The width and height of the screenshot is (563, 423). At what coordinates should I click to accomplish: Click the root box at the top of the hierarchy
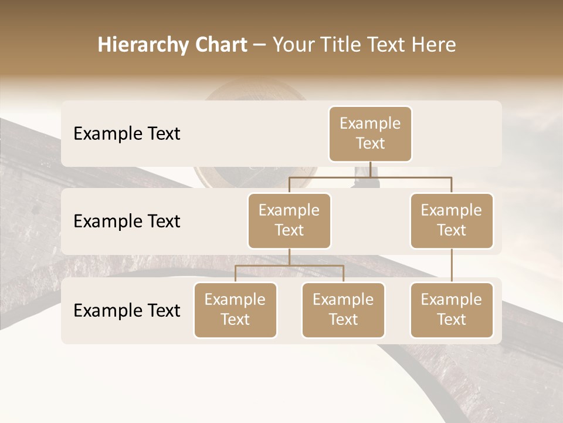tap(370, 133)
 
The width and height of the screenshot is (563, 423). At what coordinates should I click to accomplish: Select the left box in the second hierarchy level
tap(289, 220)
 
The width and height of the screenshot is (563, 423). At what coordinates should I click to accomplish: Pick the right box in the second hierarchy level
tap(452, 220)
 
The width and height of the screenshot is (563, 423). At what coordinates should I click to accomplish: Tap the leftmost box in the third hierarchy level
tap(235, 310)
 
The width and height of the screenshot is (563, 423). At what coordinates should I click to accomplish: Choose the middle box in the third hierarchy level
tap(343, 310)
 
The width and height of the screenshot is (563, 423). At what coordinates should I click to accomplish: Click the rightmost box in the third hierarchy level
tap(452, 310)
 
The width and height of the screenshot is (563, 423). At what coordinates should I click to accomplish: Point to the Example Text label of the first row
tap(127, 134)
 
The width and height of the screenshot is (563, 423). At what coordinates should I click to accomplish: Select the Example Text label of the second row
tap(127, 221)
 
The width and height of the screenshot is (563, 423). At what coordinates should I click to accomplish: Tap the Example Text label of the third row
tap(127, 311)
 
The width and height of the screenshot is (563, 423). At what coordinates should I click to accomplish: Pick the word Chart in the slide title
tap(221, 45)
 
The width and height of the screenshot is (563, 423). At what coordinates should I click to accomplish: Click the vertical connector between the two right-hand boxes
tap(452, 266)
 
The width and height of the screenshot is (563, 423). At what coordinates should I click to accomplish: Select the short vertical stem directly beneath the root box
tap(370, 169)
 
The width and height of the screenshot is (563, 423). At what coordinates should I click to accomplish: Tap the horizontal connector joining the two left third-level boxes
tap(289, 266)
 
